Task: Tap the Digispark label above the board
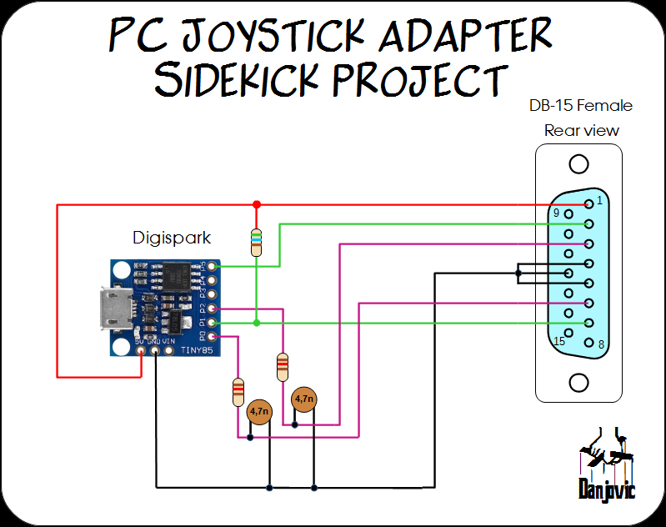[172, 238]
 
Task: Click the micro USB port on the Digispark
[110, 309]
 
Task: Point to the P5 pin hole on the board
[213, 267]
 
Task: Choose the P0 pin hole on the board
[213, 336]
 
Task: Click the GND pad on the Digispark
[157, 351]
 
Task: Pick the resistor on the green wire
[256, 241]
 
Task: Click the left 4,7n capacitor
[259, 410]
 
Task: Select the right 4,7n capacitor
[303, 399]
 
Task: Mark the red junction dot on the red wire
[256, 203]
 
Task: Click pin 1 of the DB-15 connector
[589, 203]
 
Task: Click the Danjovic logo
[606, 467]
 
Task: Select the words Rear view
[581, 130]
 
